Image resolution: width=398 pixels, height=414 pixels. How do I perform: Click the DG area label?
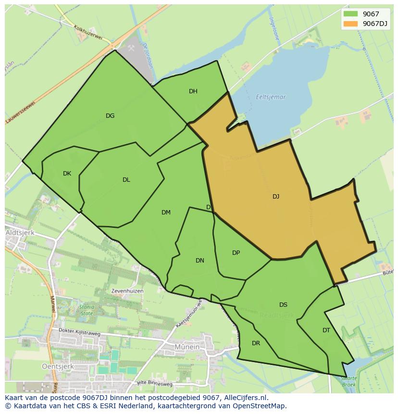click(110, 115)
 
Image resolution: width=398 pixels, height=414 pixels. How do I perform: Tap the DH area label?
click(193, 91)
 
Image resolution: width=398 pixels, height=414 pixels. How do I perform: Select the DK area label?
click(67, 174)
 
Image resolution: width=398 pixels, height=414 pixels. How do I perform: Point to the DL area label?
click(126, 180)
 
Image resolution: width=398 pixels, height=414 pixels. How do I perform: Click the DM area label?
click(166, 213)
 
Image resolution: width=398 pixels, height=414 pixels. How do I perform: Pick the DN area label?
click(200, 261)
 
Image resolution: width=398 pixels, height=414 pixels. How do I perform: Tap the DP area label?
click(236, 253)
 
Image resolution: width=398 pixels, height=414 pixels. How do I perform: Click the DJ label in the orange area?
click(276, 196)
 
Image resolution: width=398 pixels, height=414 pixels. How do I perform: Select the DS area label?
click(283, 305)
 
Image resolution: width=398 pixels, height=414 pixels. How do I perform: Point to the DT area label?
click(326, 330)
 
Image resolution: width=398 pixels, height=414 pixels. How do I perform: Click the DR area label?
click(256, 343)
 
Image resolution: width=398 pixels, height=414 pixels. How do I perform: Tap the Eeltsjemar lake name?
click(271, 97)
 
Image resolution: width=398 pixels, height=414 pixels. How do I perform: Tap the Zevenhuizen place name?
click(127, 291)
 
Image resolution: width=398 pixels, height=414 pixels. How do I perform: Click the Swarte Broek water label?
click(348, 381)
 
